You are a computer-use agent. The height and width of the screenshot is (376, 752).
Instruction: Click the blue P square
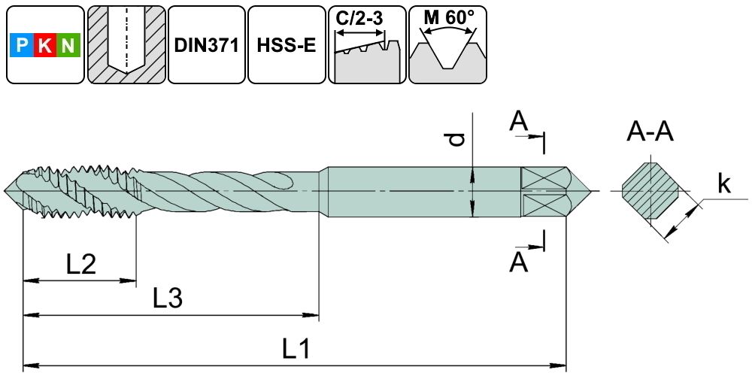pyautogui.click(x=22, y=47)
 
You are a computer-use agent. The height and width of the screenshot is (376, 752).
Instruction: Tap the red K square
pyautogui.click(x=45, y=47)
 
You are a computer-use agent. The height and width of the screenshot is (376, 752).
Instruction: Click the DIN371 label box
pyautogui.click(x=206, y=45)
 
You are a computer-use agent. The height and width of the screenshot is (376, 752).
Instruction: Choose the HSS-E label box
pyautogui.click(x=286, y=45)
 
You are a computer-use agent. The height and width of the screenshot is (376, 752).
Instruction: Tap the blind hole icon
pyautogui.click(x=125, y=45)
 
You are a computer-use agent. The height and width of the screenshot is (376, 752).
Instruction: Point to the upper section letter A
pyautogui.click(x=518, y=120)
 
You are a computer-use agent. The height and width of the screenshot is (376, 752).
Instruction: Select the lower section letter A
pyautogui.click(x=518, y=262)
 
